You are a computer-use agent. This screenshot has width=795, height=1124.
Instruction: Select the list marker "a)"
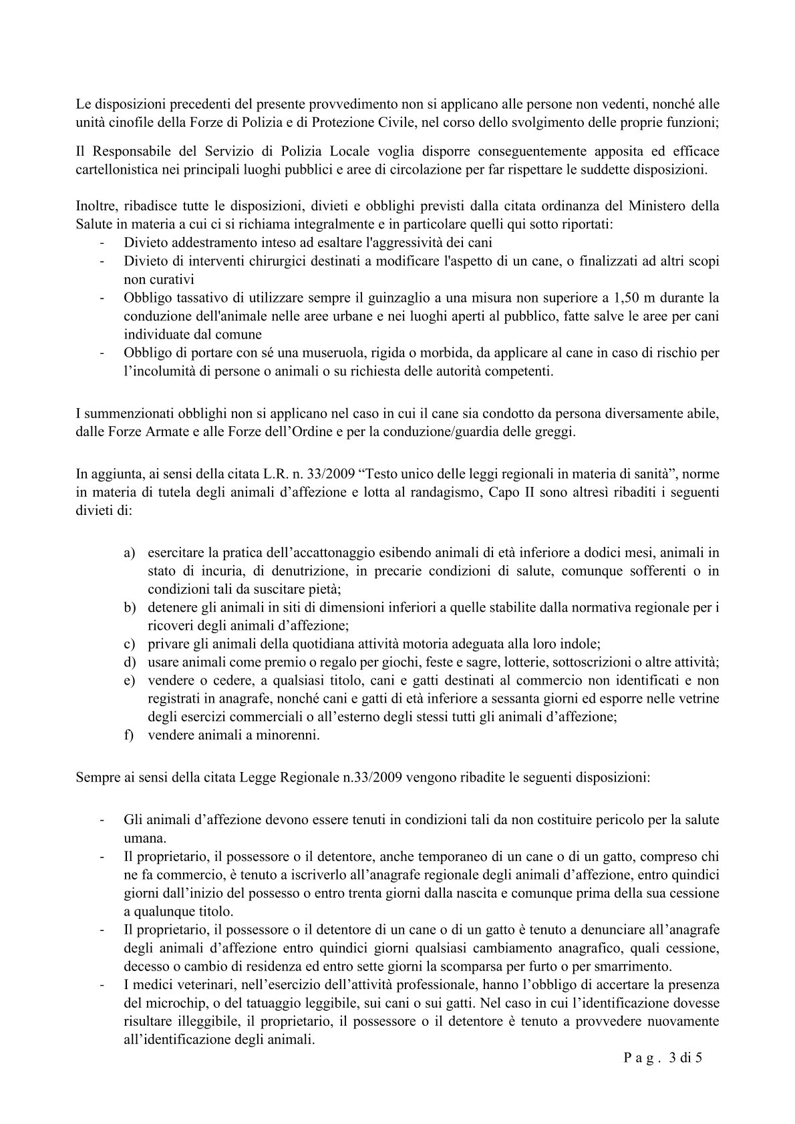[130, 553]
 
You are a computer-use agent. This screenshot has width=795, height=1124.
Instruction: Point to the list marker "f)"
[129, 736]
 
